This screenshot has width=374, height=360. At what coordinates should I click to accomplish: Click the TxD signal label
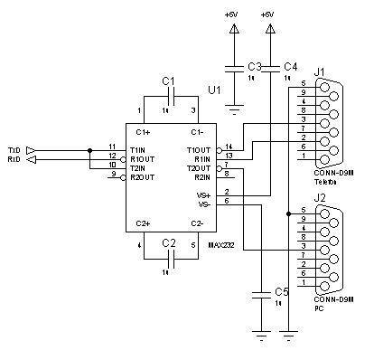[x=14, y=148]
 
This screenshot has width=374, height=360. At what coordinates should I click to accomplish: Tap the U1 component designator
[x=213, y=90]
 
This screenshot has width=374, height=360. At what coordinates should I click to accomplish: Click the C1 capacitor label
[x=168, y=81]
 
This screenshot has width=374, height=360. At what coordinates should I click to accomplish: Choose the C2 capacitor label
[x=168, y=243]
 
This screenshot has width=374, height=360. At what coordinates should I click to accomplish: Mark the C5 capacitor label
[x=280, y=292]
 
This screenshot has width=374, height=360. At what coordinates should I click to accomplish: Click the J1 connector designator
[x=318, y=71]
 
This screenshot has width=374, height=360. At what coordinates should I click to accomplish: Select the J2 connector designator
[x=318, y=197]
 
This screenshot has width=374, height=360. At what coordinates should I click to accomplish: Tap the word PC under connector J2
[x=318, y=308]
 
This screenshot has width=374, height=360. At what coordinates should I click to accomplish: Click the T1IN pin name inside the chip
[x=138, y=149]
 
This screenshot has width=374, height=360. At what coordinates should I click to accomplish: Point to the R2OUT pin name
[x=142, y=176]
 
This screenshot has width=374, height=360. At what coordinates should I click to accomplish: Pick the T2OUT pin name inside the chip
[x=198, y=168]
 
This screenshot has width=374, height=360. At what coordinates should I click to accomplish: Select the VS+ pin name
[x=203, y=194]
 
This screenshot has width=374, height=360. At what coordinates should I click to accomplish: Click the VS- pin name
[x=203, y=204]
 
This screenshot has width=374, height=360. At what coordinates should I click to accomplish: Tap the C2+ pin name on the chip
[x=141, y=223]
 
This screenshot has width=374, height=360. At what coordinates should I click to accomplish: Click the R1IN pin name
[x=201, y=158]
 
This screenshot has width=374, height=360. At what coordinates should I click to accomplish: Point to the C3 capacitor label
[x=254, y=68]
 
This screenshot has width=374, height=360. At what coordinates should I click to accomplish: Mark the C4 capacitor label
[x=289, y=67]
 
